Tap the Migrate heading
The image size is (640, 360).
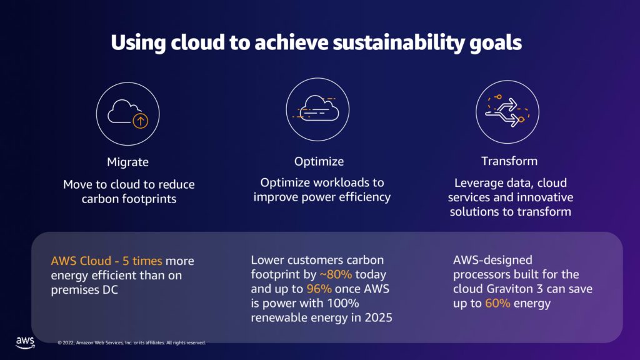[x=127, y=162]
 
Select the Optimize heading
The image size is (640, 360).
[x=319, y=161]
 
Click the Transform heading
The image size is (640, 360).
[x=509, y=161]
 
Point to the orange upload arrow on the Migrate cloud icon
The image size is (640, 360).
[x=141, y=120]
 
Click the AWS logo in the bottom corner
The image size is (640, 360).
[x=24, y=341]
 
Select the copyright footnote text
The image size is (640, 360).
[x=131, y=342]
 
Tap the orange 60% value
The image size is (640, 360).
[x=498, y=303]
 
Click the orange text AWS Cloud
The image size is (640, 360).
[x=76, y=261]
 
